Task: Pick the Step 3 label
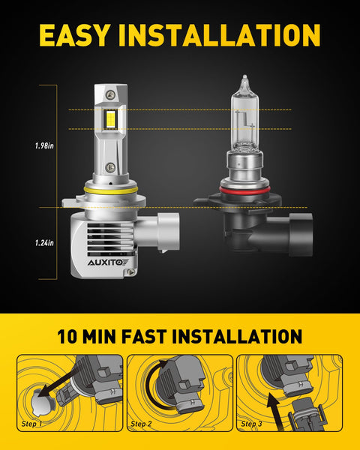253,424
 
